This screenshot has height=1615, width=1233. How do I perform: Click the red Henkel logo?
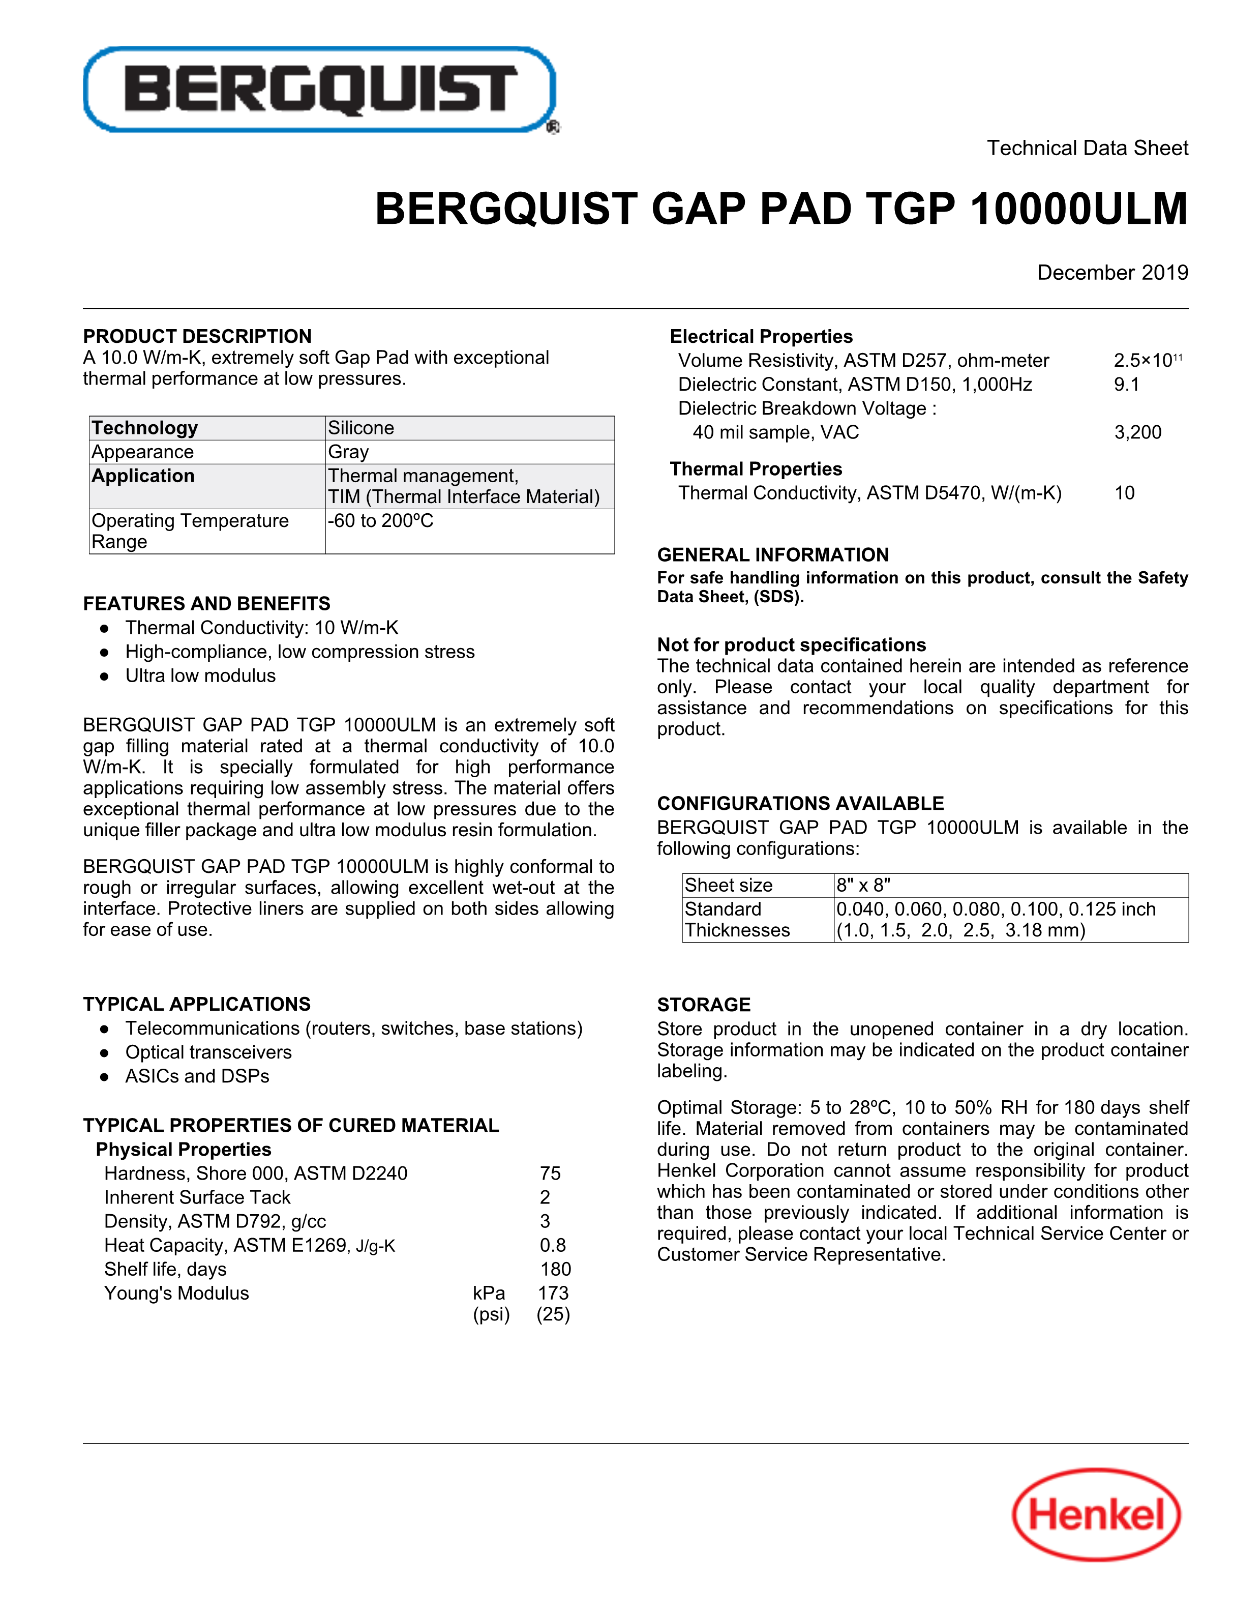[1097, 1514]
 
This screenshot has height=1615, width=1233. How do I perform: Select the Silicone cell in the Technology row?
[361, 428]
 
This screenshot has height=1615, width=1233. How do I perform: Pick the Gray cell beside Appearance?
[349, 452]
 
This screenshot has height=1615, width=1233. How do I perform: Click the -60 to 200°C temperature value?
[381, 520]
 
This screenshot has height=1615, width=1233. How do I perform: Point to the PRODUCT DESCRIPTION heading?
[197, 336]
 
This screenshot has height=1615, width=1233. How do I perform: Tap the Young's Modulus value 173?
[553, 1293]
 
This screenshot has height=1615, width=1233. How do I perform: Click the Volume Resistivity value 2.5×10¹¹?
[1147, 361]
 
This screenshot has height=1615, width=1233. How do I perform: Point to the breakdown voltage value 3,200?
[1137, 432]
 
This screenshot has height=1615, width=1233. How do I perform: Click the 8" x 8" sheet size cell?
[863, 885]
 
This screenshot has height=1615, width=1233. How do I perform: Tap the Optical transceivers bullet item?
[208, 1052]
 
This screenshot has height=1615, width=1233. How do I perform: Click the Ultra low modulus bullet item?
[200, 676]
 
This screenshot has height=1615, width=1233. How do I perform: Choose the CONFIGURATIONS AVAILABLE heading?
[800, 803]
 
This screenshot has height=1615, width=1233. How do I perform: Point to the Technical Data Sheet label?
[1087, 149]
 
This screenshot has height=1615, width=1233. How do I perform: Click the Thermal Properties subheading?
[756, 469]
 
